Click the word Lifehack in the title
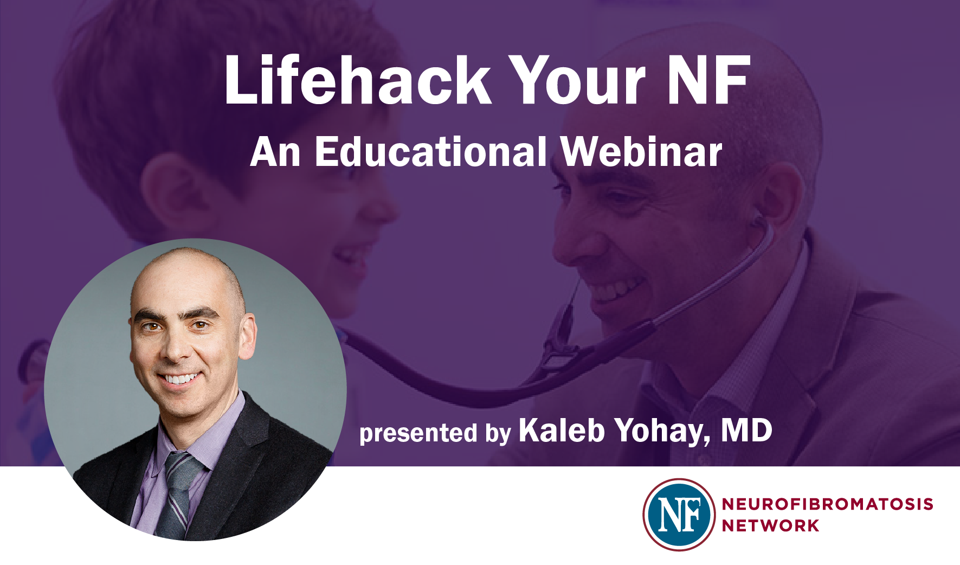[358, 80]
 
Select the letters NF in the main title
[708, 80]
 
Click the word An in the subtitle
[275, 152]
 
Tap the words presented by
[435, 434]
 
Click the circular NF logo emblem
[679, 515]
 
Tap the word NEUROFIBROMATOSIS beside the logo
[827, 504]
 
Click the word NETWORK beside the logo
[770, 526]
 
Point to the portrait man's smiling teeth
[180, 378]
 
